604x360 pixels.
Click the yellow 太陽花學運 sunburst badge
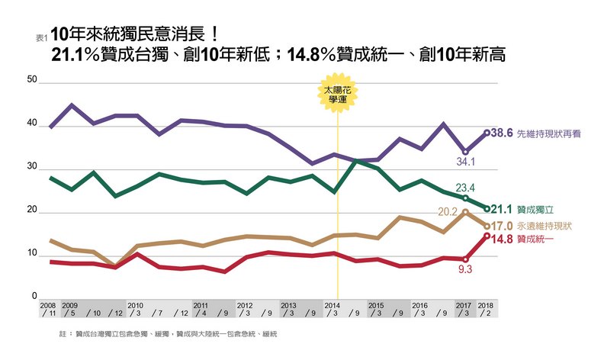[x=336, y=94]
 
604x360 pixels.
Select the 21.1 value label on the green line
[x=500, y=208]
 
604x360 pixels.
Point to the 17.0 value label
[x=500, y=226]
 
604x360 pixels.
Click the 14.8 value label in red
[x=500, y=239]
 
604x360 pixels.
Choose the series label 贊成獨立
[x=537, y=208]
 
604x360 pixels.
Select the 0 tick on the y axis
[x=34, y=296]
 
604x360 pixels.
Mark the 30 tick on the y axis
[x=32, y=166]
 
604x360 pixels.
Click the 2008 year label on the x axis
[x=48, y=304]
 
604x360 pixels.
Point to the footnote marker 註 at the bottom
[x=62, y=334]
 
